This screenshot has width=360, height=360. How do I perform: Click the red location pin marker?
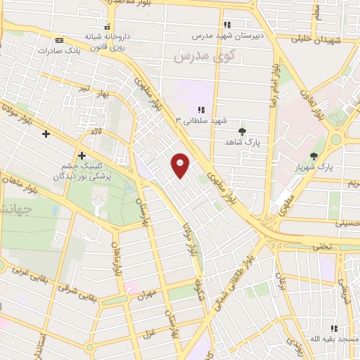(x=181, y=165)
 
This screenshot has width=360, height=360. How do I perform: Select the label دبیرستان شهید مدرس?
(x=229, y=34)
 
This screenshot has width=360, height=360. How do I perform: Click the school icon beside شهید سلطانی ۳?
(x=201, y=110)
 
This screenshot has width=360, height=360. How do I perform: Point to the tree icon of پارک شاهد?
(x=243, y=131)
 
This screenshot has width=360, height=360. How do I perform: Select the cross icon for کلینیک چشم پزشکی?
(x=82, y=155)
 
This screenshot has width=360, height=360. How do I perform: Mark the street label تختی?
(x=321, y=247)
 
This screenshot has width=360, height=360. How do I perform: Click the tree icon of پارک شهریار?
(x=314, y=155)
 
